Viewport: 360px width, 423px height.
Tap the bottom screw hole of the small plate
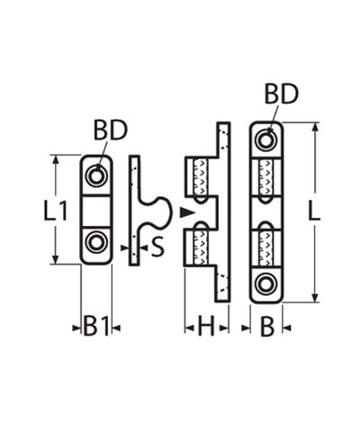point(96,243)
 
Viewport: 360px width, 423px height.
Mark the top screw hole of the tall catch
point(265,139)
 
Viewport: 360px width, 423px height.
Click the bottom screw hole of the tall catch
point(265,283)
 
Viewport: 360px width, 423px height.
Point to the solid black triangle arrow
point(185,212)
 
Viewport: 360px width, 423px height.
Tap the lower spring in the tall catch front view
point(265,245)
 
